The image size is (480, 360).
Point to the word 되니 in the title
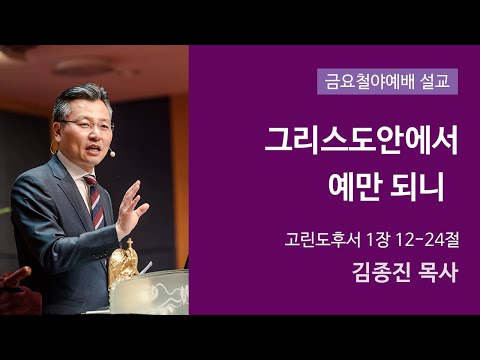pyautogui.click(x=421, y=185)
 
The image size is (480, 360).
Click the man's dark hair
pyautogui.click(x=80, y=99)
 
